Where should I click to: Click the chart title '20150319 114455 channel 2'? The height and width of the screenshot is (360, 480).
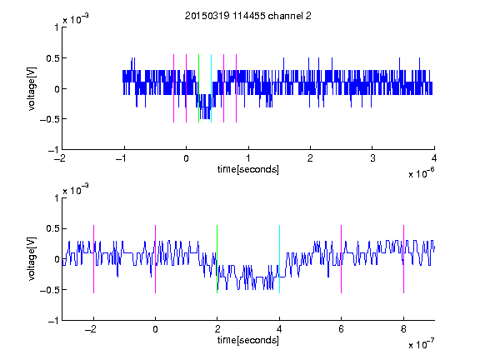(x=248, y=16)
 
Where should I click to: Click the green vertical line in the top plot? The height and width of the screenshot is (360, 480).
(x=198, y=88)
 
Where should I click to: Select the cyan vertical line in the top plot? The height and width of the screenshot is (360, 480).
(x=211, y=88)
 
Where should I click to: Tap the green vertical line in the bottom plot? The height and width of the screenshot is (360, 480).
(x=217, y=259)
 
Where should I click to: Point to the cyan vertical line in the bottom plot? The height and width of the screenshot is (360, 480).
(x=279, y=259)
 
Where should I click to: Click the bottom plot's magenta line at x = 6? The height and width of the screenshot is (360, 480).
(x=342, y=259)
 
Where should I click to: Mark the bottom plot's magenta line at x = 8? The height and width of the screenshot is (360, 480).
(x=404, y=259)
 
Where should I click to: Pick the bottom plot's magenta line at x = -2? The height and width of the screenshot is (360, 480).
(x=93, y=259)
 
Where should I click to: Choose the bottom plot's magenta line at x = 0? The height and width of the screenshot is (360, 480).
(x=156, y=259)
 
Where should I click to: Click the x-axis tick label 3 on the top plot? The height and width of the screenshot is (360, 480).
(x=372, y=158)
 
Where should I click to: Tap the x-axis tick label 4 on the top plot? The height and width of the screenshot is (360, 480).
(x=434, y=158)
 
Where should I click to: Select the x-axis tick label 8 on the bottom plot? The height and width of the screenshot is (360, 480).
(x=403, y=329)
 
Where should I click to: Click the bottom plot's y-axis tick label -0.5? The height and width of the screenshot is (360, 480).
(x=49, y=290)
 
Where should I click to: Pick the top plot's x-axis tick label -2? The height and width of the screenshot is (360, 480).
(x=60, y=158)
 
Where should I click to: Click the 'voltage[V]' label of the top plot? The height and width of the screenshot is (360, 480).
(x=32, y=88)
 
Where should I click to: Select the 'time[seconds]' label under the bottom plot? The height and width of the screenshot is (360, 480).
(x=248, y=340)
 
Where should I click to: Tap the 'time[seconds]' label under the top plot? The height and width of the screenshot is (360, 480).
(x=248, y=169)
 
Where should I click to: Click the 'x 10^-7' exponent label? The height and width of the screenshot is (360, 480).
(x=422, y=344)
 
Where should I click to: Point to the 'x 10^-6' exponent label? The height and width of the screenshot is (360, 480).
(x=422, y=173)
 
